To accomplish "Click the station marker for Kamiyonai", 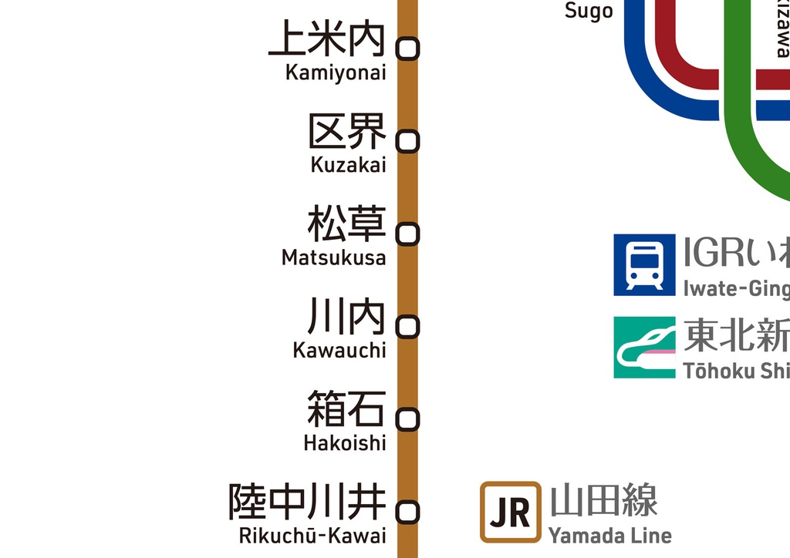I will pyautogui.click(x=407, y=49).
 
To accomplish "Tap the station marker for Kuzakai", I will pyautogui.click(x=407, y=141).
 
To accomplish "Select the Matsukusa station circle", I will pyautogui.click(x=407, y=234).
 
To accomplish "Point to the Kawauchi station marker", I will pyautogui.click(x=407, y=327).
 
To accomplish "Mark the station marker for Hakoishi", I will pyautogui.click(x=407, y=419).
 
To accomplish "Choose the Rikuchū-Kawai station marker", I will pyautogui.click(x=407, y=512).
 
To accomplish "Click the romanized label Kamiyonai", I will pyautogui.click(x=336, y=72).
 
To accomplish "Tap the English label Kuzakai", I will pyautogui.click(x=348, y=165).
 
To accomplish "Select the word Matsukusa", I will pyautogui.click(x=333, y=257).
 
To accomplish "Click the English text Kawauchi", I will pyautogui.click(x=339, y=350).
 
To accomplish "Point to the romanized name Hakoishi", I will pyautogui.click(x=344, y=443).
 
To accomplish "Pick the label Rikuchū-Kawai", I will pyautogui.click(x=312, y=536).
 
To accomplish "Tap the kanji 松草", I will pyautogui.click(x=346, y=224).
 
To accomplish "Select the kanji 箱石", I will pyautogui.click(x=346, y=409).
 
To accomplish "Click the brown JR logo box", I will pyautogui.click(x=510, y=512).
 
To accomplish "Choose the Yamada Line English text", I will pyautogui.click(x=609, y=535).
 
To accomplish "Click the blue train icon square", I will pyautogui.click(x=644, y=265).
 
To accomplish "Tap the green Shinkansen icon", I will pyautogui.click(x=644, y=348).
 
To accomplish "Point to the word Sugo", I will pyautogui.click(x=589, y=11).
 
